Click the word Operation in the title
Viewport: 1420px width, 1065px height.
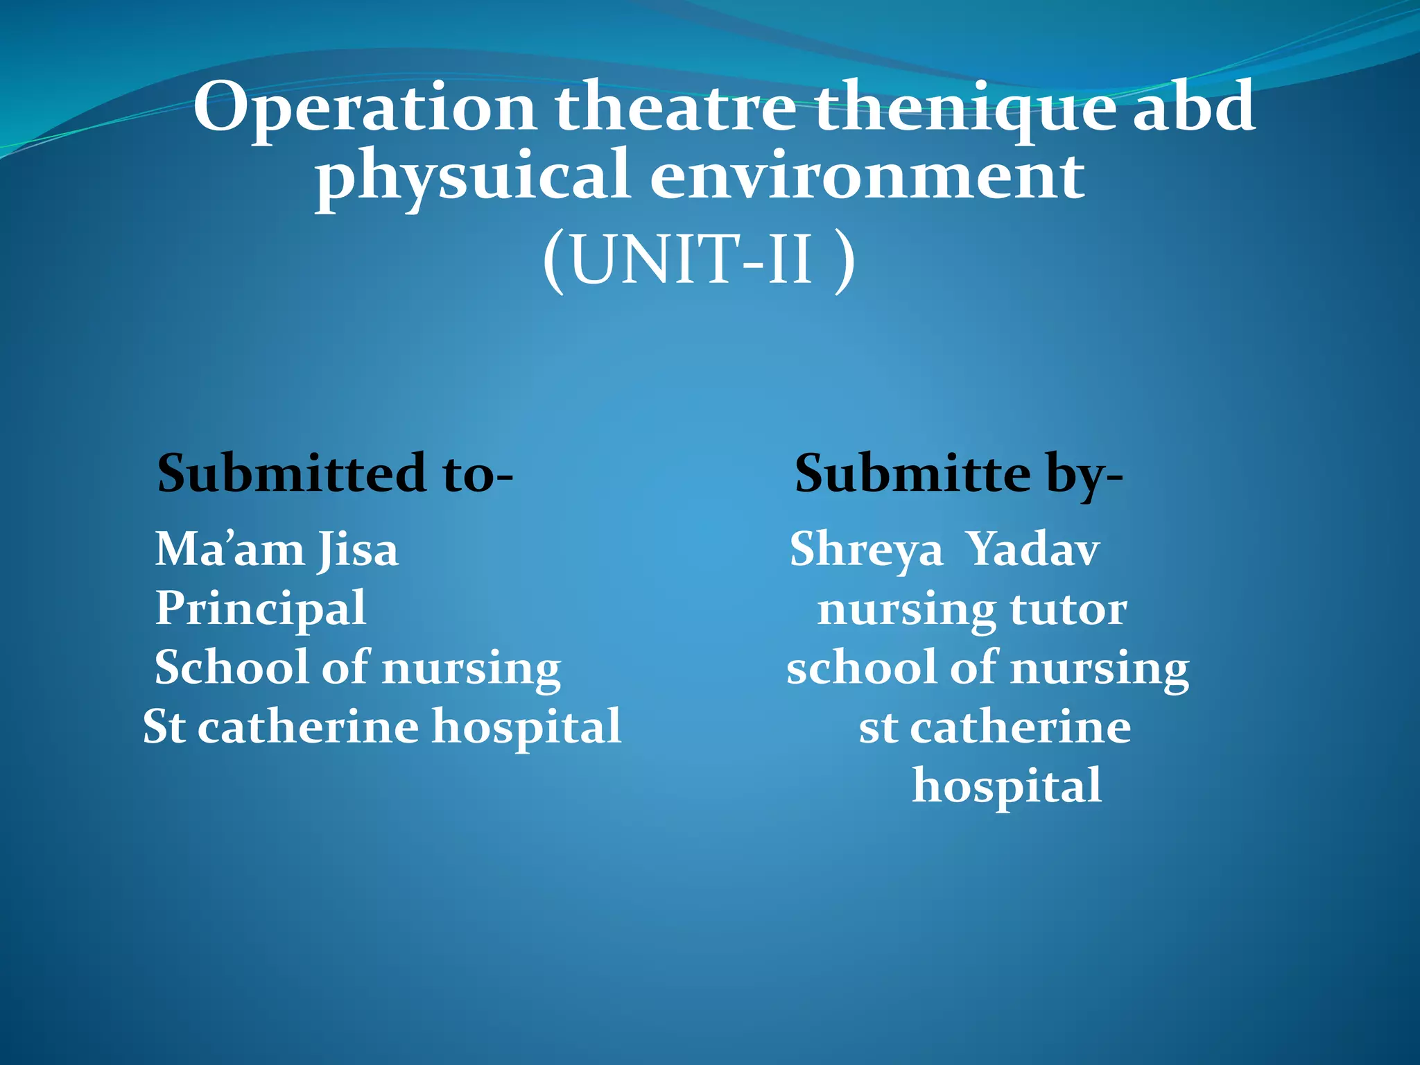[x=364, y=107]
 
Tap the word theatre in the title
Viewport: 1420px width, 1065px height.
[x=675, y=107]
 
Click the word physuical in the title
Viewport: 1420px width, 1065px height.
[x=472, y=177]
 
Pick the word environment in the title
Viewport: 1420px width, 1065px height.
[x=867, y=177]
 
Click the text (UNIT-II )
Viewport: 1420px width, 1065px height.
[x=699, y=260]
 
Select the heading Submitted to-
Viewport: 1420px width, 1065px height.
[x=335, y=474]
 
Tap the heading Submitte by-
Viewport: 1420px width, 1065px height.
[x=958, y=474]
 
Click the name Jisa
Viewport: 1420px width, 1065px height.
[x=358, y=550]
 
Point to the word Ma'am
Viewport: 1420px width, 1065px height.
[x=230, y=550]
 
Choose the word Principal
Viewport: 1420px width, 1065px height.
[x=261, y=609]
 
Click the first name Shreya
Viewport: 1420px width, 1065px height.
[x=867, y=550]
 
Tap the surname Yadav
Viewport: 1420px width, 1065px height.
[x=1032, y=550]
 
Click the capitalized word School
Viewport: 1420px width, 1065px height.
[x=230, y=668]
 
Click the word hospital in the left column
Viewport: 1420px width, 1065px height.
[x=527, y=727]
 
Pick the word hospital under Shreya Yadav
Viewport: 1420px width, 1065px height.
[x=1007, y=786]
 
